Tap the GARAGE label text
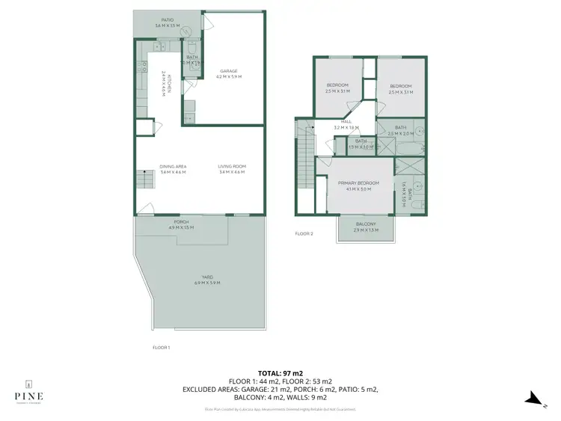pos(228,71)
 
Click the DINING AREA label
pos(172,166)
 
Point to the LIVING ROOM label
pos(232,166)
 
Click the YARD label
pos(206,277)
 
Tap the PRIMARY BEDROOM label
pos(358,183)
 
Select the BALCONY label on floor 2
pos(366,224)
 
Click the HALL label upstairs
pos(346,122)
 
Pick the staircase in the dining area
pos(142,180)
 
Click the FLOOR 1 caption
pos(160,347)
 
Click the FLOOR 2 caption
pos(304,234)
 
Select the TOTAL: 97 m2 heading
pos(280,372)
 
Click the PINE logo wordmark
pos(28,396)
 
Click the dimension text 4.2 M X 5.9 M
pos(228,77)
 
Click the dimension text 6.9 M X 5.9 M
pos(206,283)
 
